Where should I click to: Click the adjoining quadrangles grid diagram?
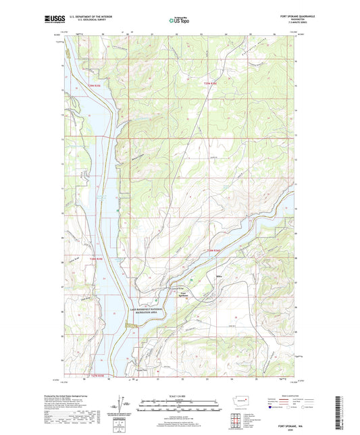click(244, 419)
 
